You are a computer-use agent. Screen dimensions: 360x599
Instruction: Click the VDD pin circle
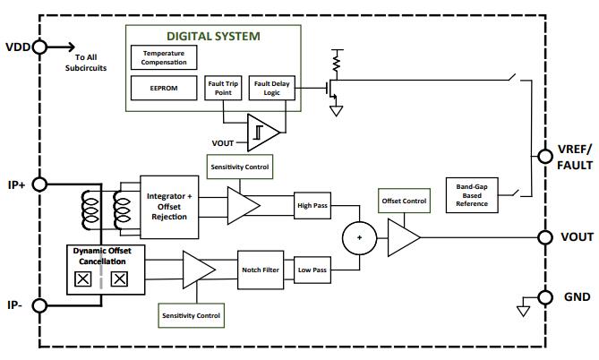tap(39, 46)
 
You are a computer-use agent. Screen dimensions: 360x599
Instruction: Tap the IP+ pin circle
tap(39, 184)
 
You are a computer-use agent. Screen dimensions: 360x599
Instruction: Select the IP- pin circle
tap(39, 305)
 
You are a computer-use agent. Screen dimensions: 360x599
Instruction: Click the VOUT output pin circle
tap(544, 237)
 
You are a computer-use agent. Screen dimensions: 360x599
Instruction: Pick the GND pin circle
tap(544, 297)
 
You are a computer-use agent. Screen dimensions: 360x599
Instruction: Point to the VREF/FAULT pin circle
tap(544, 157)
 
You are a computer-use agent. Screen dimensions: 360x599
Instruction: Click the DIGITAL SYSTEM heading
tap(213, 37)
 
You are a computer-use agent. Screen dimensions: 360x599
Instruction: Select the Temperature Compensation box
tap(164, 57)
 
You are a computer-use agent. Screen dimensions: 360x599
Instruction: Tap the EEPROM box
tap(164, 88)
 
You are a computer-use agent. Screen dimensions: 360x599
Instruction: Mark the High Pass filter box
tap(313, 205)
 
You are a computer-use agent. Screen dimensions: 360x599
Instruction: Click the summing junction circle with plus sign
tap(358, 237)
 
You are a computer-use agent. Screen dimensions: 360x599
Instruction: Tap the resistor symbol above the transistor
tap(337, 61)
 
